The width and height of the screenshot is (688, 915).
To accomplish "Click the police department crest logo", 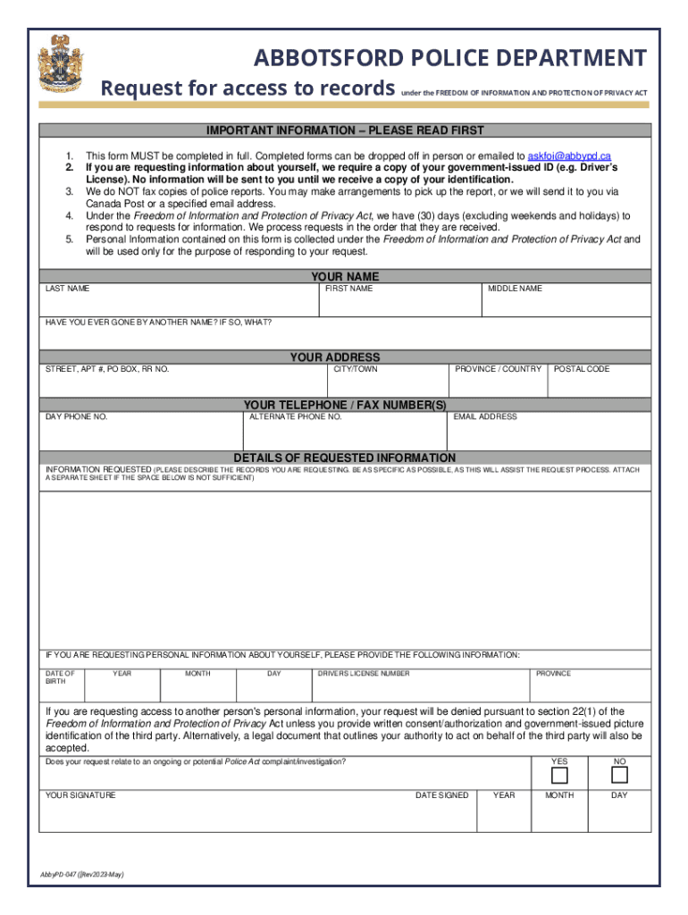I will (61, 64).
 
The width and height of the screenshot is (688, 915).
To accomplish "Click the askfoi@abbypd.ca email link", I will (569, 155).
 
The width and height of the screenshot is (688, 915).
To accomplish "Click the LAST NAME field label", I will (67, 289).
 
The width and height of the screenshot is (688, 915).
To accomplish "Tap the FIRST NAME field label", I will (348, 289).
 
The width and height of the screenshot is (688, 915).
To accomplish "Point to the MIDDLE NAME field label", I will (515, 289).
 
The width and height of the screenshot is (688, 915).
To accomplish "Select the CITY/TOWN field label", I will (356, 369).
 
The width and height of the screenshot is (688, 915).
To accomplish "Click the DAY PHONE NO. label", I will (77, 416).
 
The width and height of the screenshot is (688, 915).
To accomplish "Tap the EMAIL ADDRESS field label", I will (485, 416).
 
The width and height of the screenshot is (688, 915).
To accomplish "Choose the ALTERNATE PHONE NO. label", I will (295, 416).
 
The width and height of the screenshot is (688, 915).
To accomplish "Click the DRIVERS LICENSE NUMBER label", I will (364, 674).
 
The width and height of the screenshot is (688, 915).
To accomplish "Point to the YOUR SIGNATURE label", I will (80, 795).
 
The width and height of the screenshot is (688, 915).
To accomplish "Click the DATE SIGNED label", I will (441, 795).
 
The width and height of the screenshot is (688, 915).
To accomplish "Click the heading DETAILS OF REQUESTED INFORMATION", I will (344, 457).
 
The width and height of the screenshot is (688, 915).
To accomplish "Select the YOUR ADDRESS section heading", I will (344, 357).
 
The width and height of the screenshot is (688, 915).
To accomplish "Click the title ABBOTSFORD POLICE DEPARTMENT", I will (449, 59).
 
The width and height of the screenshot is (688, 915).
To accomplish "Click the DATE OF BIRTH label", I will (61, 677).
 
